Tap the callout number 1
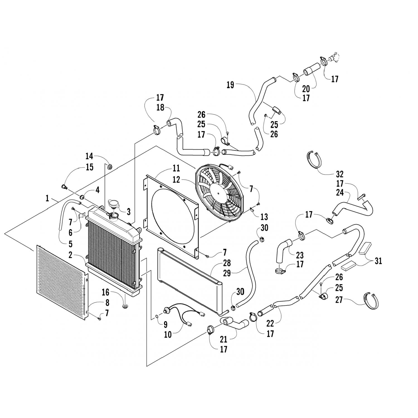47,198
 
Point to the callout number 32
339,174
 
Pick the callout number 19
230,85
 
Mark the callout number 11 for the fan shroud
176,168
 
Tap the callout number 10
168,334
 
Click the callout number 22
270,323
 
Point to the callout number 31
378,261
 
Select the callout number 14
89,156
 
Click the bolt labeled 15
64,186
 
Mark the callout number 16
105,292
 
